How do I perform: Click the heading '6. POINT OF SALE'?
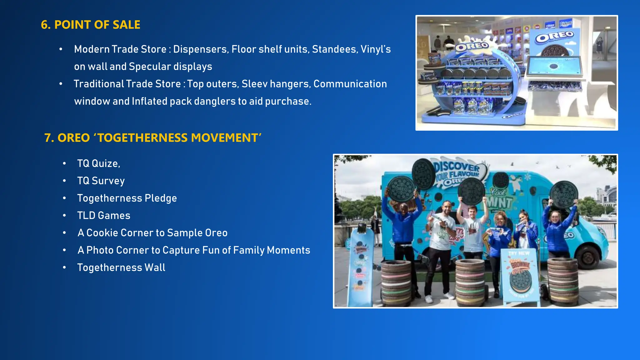(x=91, y=25)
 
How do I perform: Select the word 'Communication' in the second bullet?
(x=350, y=84)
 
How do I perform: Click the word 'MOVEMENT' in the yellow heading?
(x=224, y=138)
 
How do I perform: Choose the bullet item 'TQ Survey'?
(x=101, y=181)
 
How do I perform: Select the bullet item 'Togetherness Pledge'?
(x=127, y=198)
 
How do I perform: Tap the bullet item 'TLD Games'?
(x=104, y=215)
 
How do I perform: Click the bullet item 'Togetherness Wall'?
(x=121, y=267)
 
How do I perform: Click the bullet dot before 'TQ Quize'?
(x=64, y=163)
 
